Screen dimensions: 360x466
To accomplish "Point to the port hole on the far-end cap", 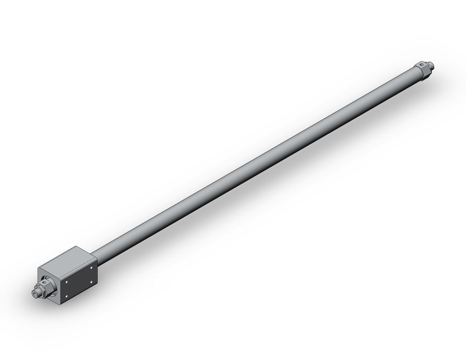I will tap(422, 65).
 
